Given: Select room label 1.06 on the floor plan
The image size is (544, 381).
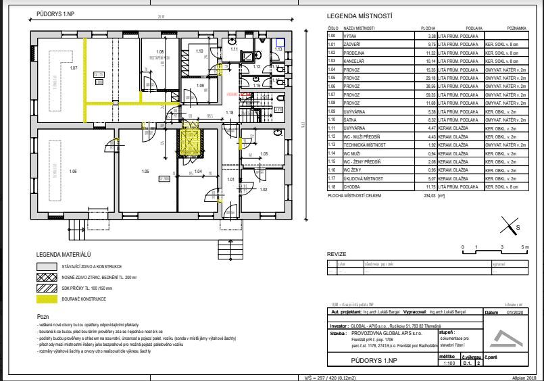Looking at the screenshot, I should tap(74, 172).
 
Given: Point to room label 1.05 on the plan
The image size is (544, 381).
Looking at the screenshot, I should tap(145, 172).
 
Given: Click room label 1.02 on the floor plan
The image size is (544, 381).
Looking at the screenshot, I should tap(263, 189).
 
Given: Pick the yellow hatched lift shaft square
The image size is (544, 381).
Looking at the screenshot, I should tap(189, 143).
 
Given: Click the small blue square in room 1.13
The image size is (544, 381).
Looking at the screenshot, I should tap(280, 42).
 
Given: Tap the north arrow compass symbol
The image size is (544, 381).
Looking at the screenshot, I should tap(510, 225).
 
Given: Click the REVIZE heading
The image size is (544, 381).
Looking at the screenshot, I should tap(337, 254).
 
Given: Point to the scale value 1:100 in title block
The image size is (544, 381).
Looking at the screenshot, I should tap(446, 363).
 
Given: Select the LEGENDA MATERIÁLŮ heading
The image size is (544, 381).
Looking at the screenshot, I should tap(64, 254).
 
